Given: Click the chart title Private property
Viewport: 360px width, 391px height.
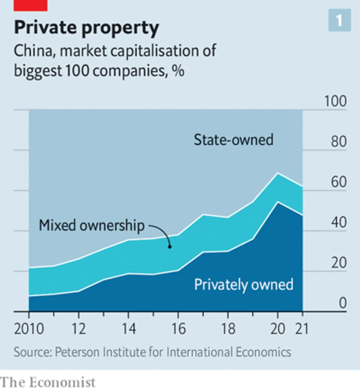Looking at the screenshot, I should click(x=86, y=28).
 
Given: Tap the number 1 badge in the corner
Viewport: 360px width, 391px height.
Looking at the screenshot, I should click(x=339, y=20).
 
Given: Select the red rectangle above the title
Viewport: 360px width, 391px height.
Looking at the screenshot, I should click(x=30, y=5).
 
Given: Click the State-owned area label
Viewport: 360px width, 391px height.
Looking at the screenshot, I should click(x=233, y=140).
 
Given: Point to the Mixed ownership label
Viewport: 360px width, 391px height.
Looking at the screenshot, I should click(x=92, y=225).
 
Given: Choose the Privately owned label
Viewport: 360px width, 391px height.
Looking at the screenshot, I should click(x=244, y=285).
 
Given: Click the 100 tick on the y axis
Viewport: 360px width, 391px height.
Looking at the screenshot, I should click(x=335, y=102).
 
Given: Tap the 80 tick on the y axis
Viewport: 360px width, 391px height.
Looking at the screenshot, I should click(x=338, y=142).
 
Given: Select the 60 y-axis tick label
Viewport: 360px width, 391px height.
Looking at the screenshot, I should click(x=338, y=182).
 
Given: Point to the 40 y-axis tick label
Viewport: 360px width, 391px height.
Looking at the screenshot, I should click(x=338, y=223).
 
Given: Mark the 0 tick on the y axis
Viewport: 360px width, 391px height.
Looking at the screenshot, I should click(x=342, y=303).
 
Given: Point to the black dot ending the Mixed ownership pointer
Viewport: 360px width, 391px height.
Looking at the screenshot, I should click(x=170, y=247).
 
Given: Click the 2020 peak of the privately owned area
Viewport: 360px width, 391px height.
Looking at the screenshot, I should click(x=278, y=202).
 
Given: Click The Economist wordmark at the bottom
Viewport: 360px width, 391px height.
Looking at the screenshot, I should click(x=48, y=382).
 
